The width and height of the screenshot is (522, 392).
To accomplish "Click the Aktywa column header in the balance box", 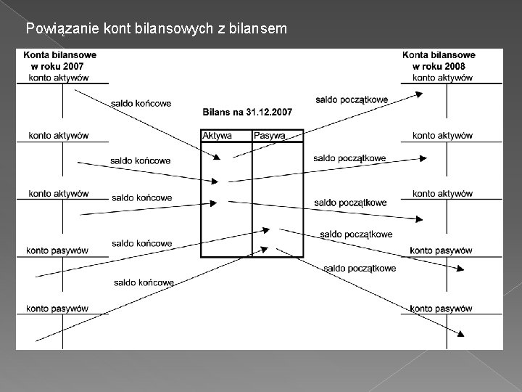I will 217,136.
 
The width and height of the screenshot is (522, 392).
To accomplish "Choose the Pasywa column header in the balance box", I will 270,136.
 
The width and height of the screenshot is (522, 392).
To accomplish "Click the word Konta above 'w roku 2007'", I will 38,55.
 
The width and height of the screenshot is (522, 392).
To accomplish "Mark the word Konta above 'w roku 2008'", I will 416,55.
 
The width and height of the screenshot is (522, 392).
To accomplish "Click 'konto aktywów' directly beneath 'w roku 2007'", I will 58,78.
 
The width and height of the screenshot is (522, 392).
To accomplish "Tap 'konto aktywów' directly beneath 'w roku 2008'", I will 442,78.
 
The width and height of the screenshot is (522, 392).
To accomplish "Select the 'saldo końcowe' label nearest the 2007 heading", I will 141,103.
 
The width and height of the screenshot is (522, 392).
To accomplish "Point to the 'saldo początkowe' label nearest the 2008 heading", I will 352,99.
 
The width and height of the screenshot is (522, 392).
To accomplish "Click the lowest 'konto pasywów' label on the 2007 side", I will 57,309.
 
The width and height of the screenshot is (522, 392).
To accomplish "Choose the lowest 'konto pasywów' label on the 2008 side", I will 441,309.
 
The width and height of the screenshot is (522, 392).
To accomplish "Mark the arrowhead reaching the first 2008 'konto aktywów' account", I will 423,94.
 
